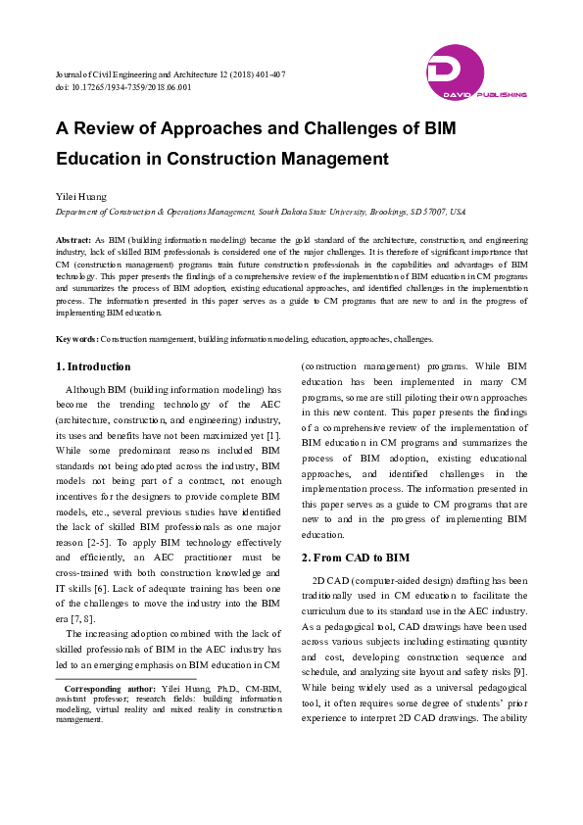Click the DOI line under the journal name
122,87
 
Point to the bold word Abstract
73,240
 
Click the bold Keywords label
76,338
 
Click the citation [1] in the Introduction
273,433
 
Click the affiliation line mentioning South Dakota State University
260,212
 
